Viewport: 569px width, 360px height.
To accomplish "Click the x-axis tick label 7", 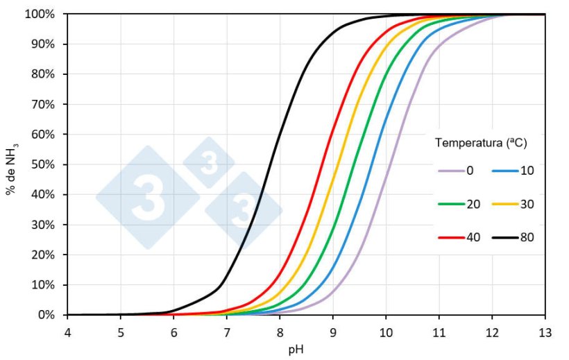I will pos(227,332).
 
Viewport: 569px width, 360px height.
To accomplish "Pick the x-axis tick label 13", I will pos(545,332).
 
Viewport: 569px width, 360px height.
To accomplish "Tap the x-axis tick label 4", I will pos(68,332).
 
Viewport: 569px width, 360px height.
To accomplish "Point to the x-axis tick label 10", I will pos(386,332).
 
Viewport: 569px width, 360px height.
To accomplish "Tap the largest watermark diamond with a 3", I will pos(148,197).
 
